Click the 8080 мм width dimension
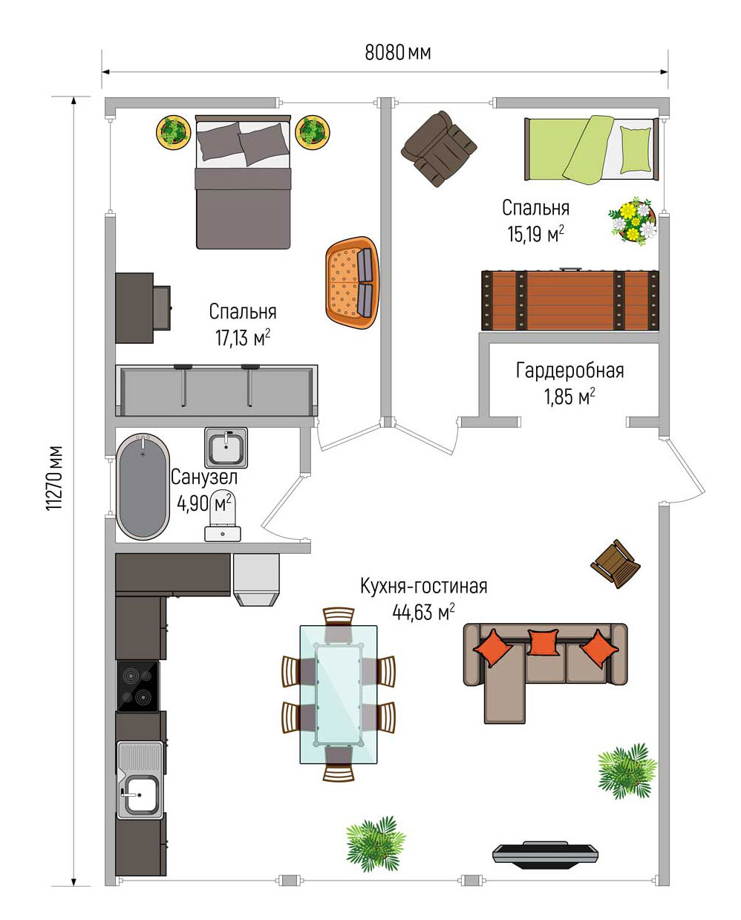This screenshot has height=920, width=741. [x=398, y=53]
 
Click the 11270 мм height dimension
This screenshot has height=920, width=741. [x=54, y=477]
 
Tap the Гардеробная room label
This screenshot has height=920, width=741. [x=570, y=371]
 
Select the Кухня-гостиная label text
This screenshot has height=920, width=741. [x=424, y=586]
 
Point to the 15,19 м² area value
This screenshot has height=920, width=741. [x=536, y=233]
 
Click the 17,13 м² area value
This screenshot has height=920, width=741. [x=243, y=337]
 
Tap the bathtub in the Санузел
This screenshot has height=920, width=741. [x=143, y=486]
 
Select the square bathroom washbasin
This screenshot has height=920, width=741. [x=226, y=447]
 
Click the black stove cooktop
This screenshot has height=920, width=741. [x=137, y=687]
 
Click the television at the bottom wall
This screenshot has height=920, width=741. [x=546, y=855]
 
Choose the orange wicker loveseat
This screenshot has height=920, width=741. [x=353, y=283]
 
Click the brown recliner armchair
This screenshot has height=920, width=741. [x=439, y=149]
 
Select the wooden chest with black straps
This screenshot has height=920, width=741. [x=570, y=300]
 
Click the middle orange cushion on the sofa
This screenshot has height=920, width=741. [x=543, y=642]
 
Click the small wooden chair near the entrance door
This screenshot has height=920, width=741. [x=616, y=564]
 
